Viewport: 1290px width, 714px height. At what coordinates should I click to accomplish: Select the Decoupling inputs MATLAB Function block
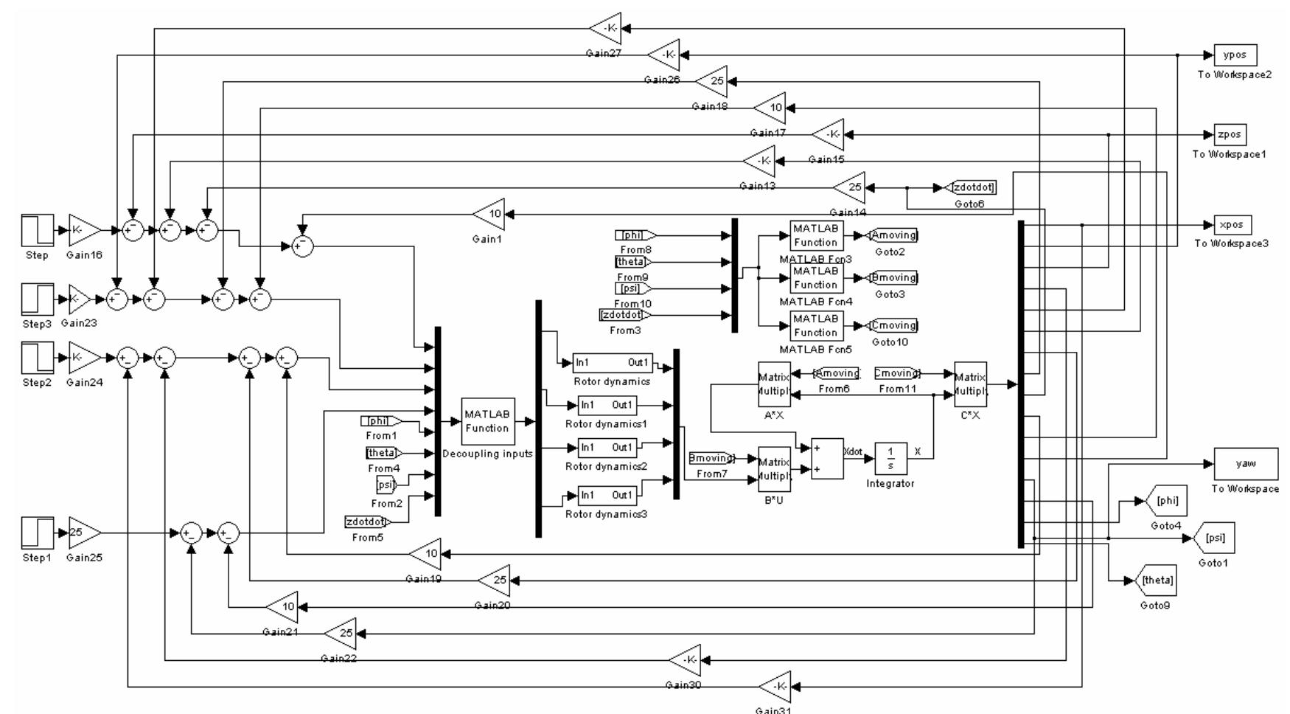point(487,421)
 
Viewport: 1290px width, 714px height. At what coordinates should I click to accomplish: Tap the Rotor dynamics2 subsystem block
point(607,448)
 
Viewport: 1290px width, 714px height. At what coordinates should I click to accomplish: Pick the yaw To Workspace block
point(1245,464)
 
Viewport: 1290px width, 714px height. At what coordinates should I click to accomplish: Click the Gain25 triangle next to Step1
point(83,533)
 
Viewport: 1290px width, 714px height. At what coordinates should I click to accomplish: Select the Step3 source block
point(37,299)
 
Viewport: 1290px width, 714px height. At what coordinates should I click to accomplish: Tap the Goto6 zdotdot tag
point(969,188)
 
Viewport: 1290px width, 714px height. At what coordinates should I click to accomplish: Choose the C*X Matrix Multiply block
point(970,384)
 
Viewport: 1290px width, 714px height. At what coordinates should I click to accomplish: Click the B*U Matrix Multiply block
point(774,468)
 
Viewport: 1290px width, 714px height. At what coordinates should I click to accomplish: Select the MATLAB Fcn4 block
point(815,278)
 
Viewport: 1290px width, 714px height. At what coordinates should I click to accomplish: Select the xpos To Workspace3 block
point(1232,225)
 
